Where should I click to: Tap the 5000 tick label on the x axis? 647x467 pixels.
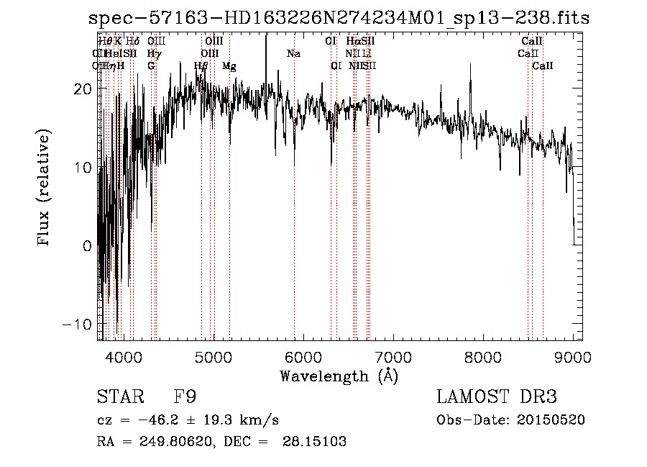point(213,357)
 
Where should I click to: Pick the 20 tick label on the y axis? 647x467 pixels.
point(84,89)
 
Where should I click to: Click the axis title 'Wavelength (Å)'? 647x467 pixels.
point(339,376)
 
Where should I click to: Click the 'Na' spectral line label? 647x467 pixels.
point(293,54)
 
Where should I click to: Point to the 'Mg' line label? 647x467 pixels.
point(229,66)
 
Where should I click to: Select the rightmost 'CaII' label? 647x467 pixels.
point(543,66)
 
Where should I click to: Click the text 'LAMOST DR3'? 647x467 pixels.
point(497,397)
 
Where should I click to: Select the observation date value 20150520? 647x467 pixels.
point(550,420)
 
